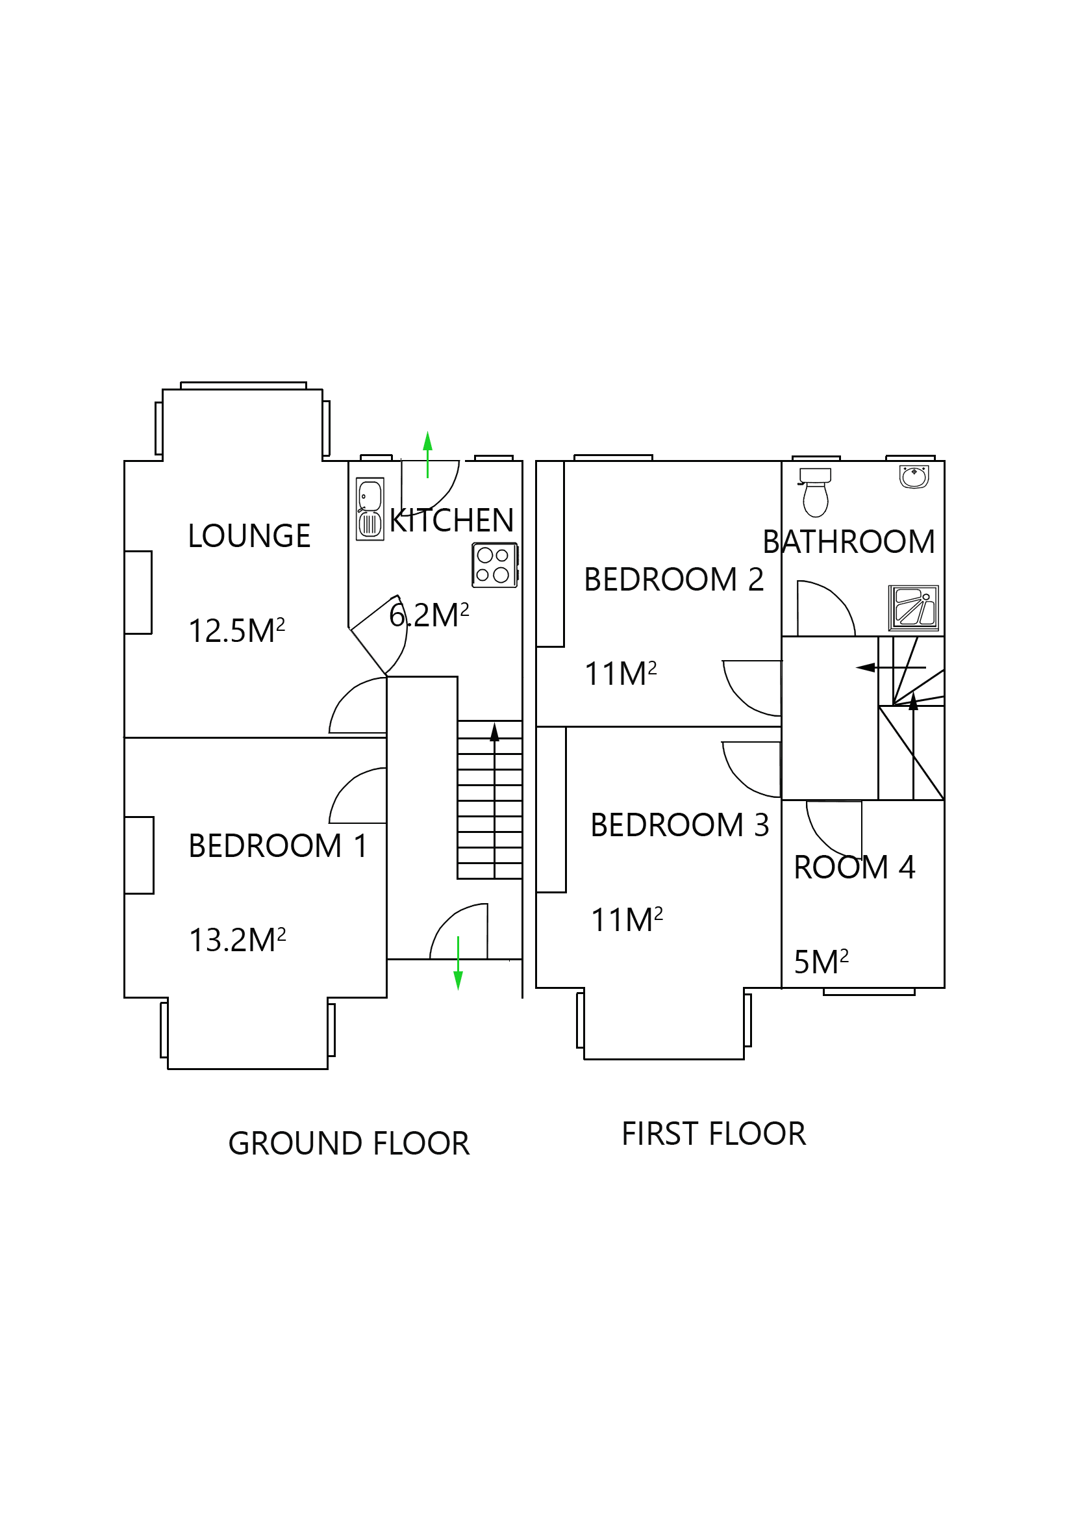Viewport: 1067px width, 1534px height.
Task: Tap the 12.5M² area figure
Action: pos(236,631)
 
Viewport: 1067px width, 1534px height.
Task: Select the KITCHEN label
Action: pos(451,520)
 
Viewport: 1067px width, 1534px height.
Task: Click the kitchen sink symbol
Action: pos(370,509)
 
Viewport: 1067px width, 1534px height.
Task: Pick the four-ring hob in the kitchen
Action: pos(494,565)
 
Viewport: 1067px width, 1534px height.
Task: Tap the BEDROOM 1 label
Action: pos(277,846)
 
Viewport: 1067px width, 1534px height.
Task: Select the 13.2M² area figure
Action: pos(237,940)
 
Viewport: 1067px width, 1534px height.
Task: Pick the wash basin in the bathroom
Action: pos(914,477)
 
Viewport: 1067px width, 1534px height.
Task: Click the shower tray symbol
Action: pos(912,608)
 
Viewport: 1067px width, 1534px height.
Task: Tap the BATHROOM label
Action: pos(848,542)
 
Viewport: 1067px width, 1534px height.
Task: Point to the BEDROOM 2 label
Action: pos(673,580)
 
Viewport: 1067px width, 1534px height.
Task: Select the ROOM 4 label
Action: pos(853,867)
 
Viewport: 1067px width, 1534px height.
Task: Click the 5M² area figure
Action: pos(821,962)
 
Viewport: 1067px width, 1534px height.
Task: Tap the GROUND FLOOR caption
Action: pos(349,1143)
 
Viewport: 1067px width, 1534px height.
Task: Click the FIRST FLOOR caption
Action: pos(713,1134)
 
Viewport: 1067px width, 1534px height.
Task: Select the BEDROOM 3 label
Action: pos(679,825)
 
